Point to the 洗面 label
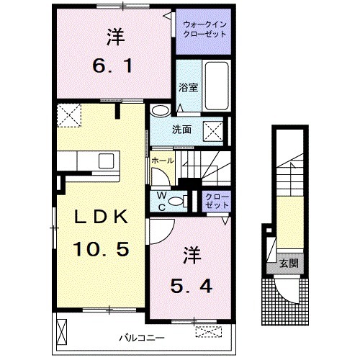pos(181,130)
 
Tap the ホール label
pos(162,160)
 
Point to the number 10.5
pos(100,249)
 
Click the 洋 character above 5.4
pos(190,253)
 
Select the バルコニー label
pos(141,336)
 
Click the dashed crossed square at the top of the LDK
pos(70,114)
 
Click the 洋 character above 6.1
pos(113,34)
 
